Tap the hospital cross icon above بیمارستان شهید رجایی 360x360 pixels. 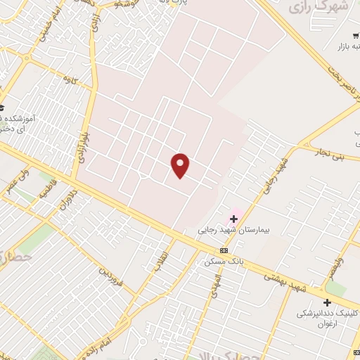pos(233,219)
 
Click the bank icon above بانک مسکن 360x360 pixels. pos(224,250)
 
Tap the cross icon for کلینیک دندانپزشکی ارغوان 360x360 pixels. pos(327,302)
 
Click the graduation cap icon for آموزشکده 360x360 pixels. pos(1,108)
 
